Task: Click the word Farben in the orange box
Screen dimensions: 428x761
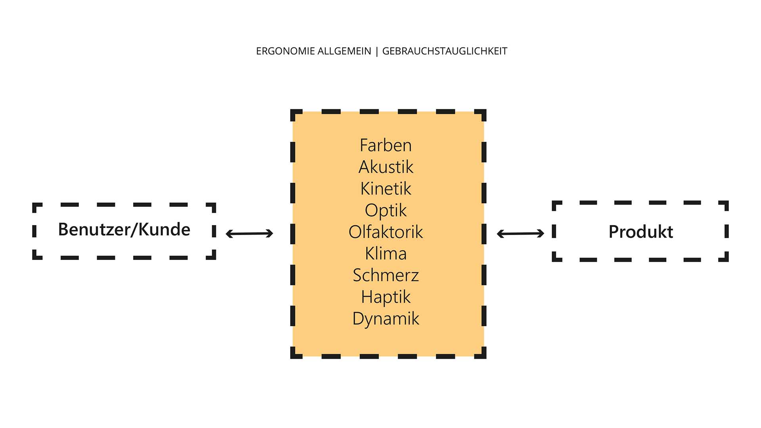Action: coord(386,145)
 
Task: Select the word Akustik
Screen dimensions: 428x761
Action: coord(386,167)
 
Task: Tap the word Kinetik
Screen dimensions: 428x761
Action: coord(386,189)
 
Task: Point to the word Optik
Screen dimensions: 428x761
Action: coord(386,210)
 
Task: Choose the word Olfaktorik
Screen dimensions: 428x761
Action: coord(386,232)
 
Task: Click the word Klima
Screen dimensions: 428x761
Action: coord(386,254)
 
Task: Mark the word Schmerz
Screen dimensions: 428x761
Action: coord(386,275)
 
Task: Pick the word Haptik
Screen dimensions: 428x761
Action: coord(386,297)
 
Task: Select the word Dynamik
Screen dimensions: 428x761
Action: coord(386,319)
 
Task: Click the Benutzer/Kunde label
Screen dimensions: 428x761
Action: coord(124,229)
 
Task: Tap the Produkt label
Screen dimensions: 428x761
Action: coord(641,232)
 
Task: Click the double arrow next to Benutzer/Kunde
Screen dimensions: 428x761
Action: coord(249,233)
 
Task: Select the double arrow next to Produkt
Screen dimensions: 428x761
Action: coord(520,233)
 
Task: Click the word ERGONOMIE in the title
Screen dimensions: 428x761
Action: coord(285,51)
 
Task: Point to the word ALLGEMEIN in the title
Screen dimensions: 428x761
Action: coord(344,51)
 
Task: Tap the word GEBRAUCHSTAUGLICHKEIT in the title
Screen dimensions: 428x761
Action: coord(445,51)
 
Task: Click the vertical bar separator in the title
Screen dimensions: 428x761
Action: coord(377,52)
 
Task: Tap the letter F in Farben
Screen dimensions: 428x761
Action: coord(363,145)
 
